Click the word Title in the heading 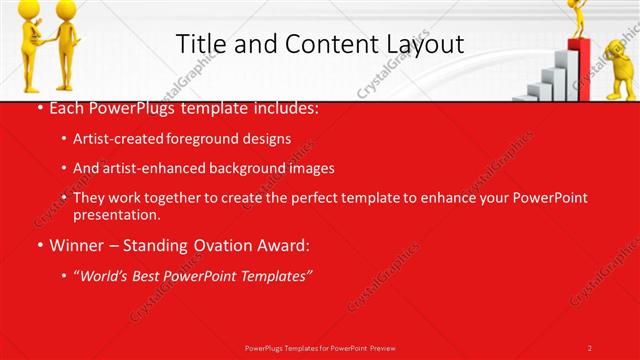pyautogui.click(x=200, y=44)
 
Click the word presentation pyautogui.click(x=116, y=214)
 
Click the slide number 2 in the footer pyautogui.click(x=590, y=348)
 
